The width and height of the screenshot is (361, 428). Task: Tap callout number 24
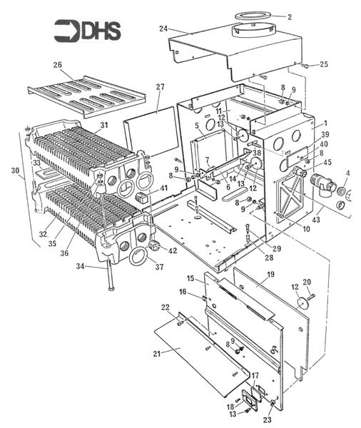point(163,29)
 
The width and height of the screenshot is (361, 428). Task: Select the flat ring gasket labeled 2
point(254,15)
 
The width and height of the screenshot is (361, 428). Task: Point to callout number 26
point(58,65)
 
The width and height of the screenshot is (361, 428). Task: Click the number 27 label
point(161,87)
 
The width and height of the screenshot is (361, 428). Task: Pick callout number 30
point(15,170)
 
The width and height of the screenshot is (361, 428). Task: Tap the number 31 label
point(104,125)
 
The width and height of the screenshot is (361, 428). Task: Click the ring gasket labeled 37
point(138,256)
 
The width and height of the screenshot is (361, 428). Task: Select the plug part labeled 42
point(153,245)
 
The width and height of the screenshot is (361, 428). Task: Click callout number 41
point(164,188)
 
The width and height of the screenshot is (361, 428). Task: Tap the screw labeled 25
point(305,66)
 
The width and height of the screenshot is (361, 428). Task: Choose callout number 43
point(316,219)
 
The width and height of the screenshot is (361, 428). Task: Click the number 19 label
point(270,274)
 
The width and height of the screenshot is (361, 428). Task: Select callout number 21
point(156,354)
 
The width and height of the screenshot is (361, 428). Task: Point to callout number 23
point(268,419)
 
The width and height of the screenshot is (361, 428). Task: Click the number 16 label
point(183,292)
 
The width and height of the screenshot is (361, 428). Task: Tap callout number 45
point(327,162)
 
